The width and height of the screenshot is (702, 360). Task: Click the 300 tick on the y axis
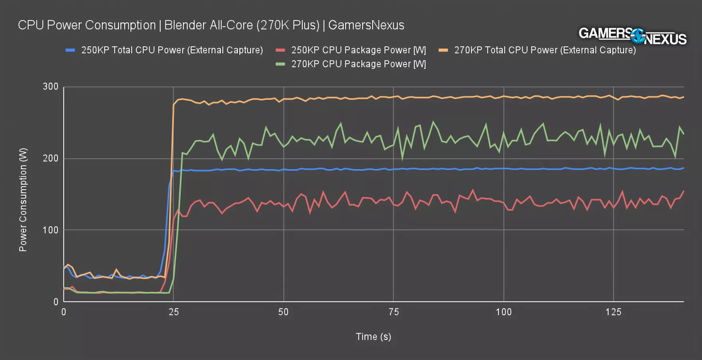(50, 87)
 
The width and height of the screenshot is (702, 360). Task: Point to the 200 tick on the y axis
(50, 158)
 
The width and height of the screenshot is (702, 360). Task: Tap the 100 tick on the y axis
(50, 230)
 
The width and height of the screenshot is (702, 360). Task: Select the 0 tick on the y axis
(56, 302)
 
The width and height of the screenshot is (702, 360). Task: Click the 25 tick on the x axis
(174, 312)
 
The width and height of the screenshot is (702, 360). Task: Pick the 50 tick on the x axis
(283, 312)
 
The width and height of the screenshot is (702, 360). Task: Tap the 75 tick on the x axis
(394, 312)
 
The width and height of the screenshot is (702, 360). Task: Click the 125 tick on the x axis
(613, 312)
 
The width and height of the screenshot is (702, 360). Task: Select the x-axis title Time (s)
(373, 337)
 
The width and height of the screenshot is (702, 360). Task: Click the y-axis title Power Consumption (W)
(23, 200)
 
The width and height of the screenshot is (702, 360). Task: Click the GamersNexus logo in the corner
(632, 36)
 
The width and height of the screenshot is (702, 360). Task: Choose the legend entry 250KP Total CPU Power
(172, 50)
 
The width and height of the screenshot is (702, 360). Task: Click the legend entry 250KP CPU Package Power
(358, 50)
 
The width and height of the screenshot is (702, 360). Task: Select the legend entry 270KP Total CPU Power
(544, 50)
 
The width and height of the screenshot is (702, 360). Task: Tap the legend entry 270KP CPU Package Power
(358, 64)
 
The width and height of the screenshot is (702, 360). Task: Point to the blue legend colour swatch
(70, 50)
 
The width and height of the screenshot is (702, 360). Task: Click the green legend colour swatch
(280, 64)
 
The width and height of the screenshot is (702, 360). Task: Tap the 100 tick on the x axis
(503, 312)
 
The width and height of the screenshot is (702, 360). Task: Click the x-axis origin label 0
(64, 312)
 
